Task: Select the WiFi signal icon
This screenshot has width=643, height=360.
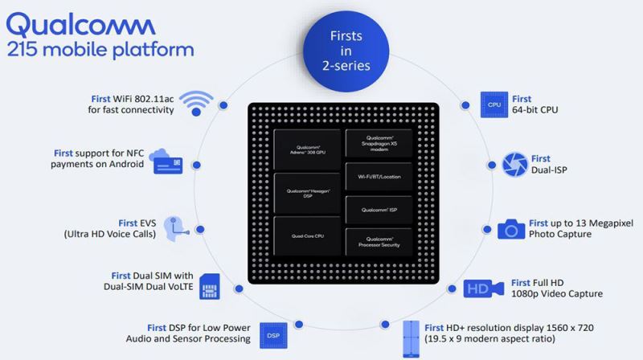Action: (196, 104)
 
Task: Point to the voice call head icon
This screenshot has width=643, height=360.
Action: (175, 229)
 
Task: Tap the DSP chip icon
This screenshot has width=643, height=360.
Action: (273, 334)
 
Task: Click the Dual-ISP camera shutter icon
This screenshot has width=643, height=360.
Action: (514, 165)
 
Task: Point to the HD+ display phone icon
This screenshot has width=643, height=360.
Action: (411, 339)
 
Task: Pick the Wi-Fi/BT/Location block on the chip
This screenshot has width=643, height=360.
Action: (378, 176)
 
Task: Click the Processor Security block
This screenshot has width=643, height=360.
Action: (378, 243)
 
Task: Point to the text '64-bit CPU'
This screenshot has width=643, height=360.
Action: (534, 110)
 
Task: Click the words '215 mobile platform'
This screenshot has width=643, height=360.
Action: (100, 49)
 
